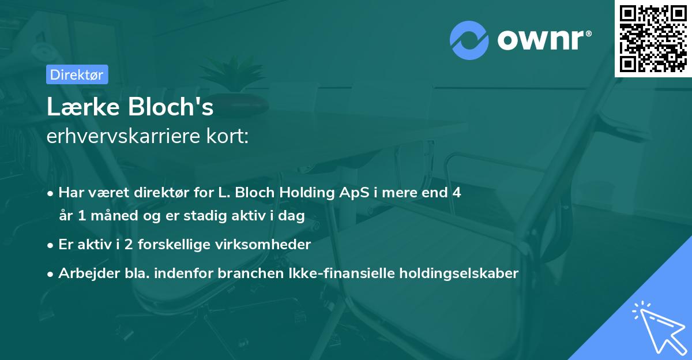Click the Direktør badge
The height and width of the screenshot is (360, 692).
[77, 74]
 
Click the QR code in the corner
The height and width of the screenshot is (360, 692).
[653, 39]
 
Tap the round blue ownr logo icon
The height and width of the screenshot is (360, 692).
[470, 40]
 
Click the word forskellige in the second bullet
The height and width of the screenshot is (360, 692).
[176, 245]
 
